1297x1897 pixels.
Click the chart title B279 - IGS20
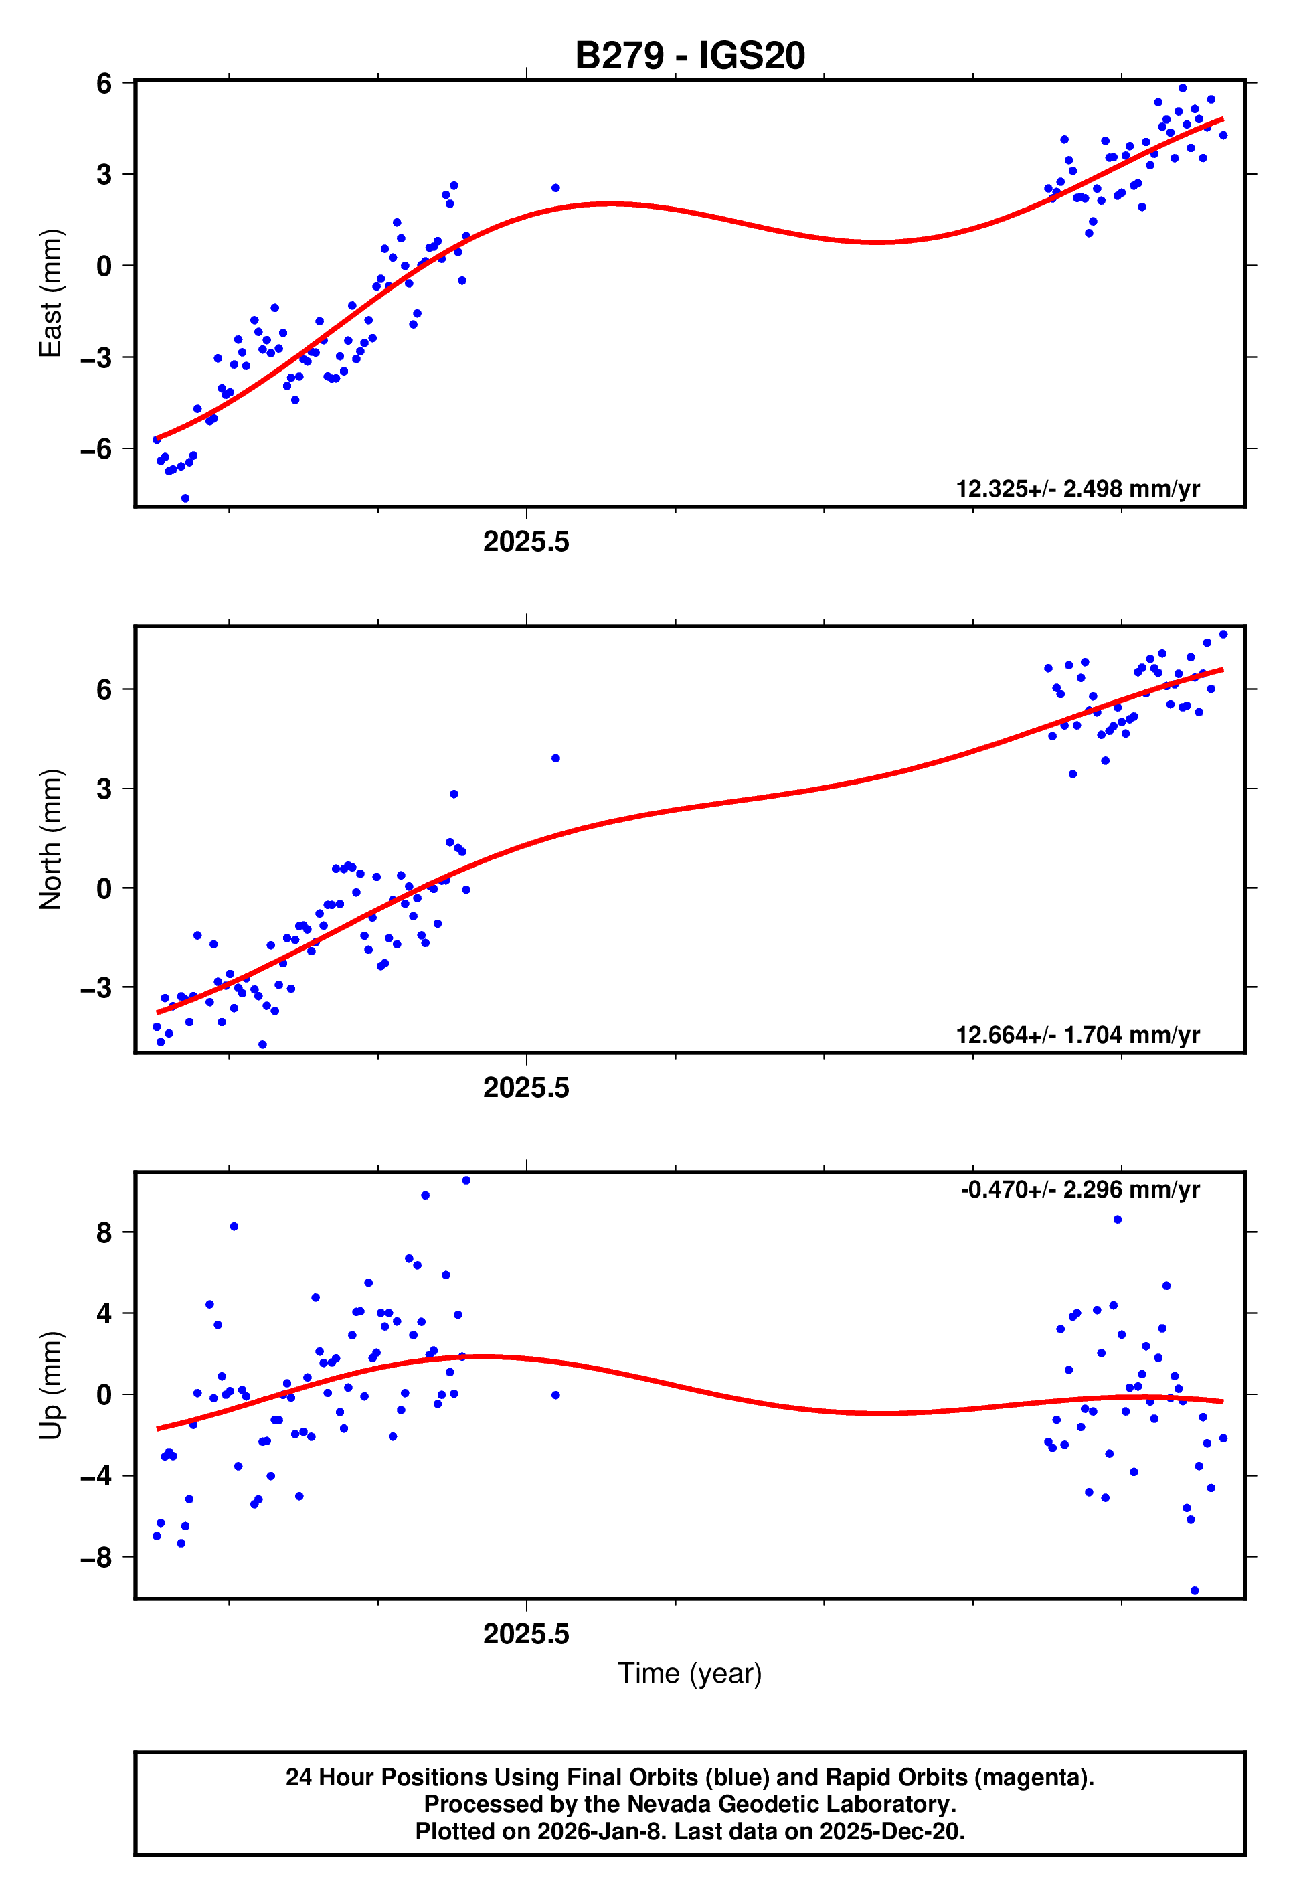point(690,56)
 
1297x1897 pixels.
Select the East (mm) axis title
point(51,293)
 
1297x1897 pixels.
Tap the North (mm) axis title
point(51,839)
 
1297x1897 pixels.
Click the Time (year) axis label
point(690,1673)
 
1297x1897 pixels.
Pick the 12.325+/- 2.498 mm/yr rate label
point(1077,489)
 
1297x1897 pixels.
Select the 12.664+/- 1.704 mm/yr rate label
point(1077,1035)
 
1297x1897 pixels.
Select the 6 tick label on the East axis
point(104,83)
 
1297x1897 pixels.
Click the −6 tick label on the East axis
point(96,449)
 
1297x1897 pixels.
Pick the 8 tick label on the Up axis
point(104,1232)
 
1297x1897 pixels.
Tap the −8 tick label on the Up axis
point(96,1558)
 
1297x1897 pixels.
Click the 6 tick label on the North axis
point(104,689)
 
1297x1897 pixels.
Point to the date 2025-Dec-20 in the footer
point(891,1831)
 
